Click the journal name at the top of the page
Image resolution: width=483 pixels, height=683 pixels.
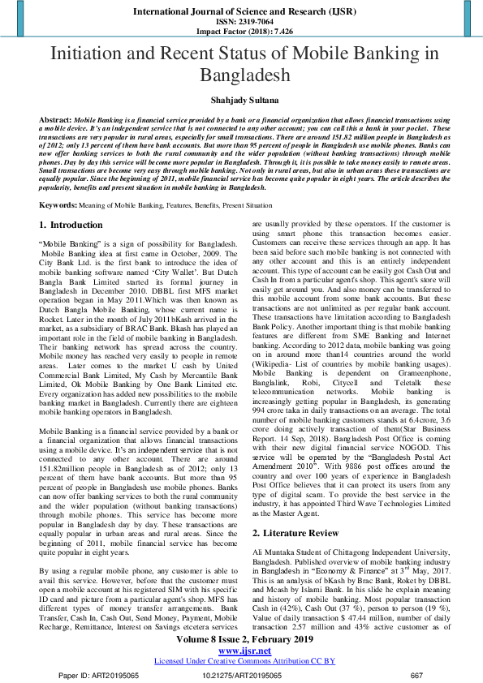point(241,12)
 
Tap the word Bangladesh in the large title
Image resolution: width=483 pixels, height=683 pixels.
point(241,76)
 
